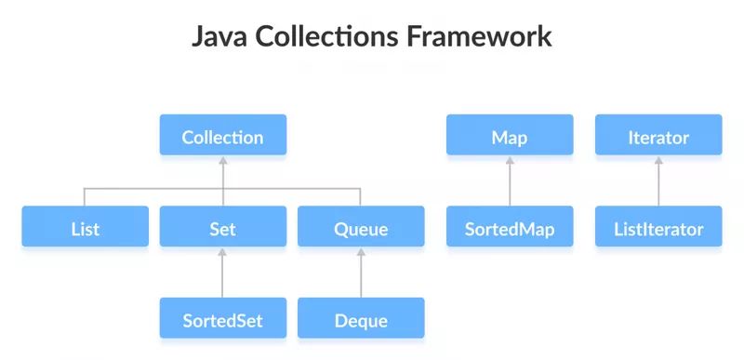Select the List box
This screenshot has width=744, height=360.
[85, 226]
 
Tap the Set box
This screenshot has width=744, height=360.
[222, 226]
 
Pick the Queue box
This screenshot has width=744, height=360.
[360, 226]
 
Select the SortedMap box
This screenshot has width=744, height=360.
[509, 226]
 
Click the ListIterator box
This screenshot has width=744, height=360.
[658, 226]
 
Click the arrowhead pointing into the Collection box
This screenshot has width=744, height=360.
[222, 160]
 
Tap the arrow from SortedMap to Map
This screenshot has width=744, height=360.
[509, 181]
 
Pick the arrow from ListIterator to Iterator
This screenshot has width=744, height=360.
[658, 181]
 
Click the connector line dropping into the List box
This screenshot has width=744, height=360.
[85, 196]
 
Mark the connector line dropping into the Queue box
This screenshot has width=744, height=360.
[360, 196]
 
